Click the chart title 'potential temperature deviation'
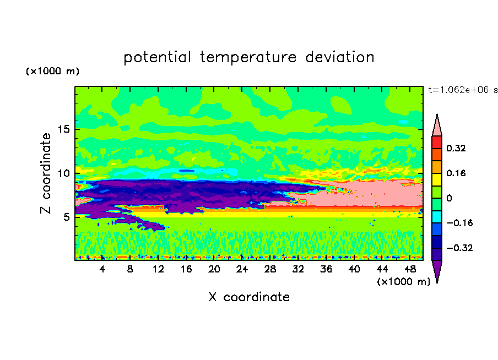(x=248, y=57)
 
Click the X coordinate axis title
(x=249, y=297)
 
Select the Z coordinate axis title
(x=45, y=173)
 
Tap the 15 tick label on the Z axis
(x=63, y=129)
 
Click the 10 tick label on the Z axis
(x=63, y=173)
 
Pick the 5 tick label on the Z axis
(x=66, y=217)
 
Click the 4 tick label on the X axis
(x=102, y=269)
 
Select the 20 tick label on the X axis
(x=214, y=269)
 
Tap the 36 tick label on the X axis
(x=326, y=269)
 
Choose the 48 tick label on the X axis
(x=410, y=269)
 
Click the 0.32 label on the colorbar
(x=456, y=148)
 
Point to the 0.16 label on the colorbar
(x=456, y=173)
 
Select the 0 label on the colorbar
(x=449, y=198)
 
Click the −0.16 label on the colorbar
(x=459, y=223)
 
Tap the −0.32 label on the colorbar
(x=459, y=248)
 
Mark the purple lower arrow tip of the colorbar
(x=437, y=282)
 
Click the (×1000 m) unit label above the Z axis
(x=52, y=71)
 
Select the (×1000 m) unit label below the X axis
(x=403, y=282)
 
